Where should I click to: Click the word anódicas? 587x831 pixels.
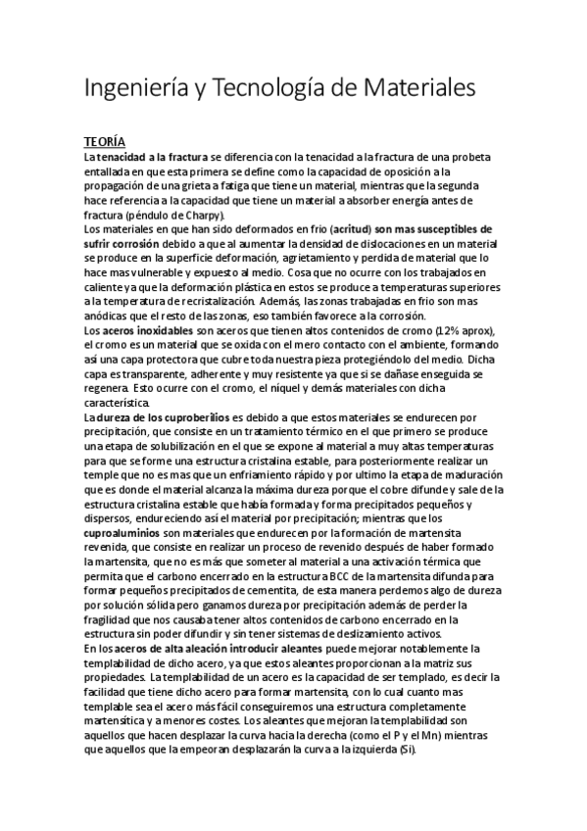pos(108,315)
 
